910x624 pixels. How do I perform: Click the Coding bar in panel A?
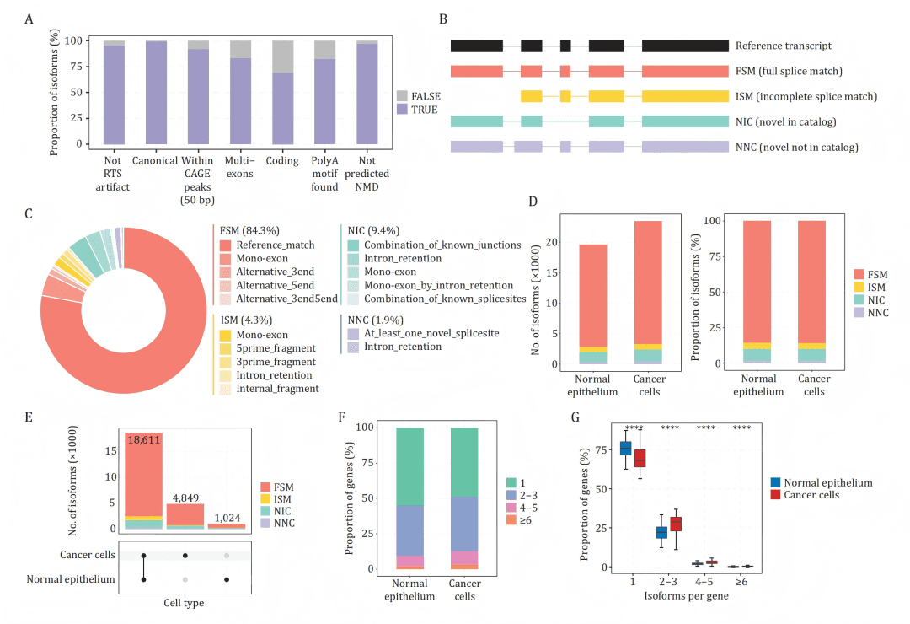coord(283,108)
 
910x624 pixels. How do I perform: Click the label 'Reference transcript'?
coord(783,46)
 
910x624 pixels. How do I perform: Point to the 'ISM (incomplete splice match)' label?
coord(806,96)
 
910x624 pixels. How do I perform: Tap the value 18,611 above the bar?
coord(143,440)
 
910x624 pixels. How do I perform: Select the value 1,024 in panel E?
coord(225,516)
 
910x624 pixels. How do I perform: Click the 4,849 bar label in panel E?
coord(185,498)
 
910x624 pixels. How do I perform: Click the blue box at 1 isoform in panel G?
coord(626,448)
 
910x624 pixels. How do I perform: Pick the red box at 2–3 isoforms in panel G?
coord(676,524)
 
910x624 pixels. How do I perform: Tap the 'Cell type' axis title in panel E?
coord(183,602)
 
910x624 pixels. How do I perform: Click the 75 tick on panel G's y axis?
coord(601,449)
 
